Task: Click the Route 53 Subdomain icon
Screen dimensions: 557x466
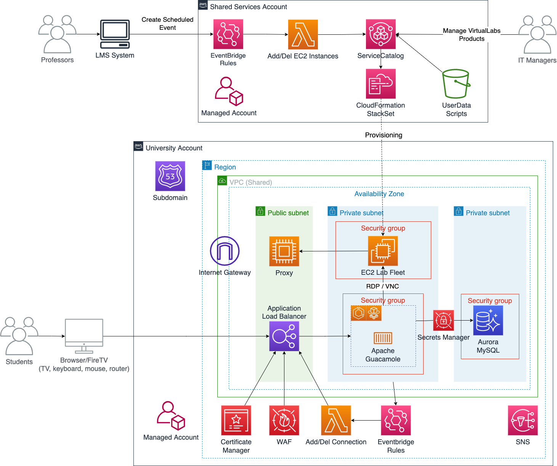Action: coord(170,176)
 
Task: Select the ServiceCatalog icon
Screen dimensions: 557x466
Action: coord(380,34)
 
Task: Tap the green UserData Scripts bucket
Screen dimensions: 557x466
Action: coord(456,84)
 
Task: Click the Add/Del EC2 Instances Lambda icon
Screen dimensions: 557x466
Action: coord(303,34)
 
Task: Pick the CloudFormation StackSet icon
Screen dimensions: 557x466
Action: coord(380,84)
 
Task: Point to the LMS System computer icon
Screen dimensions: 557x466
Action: coord(115,34)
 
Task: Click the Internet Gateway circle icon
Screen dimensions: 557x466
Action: coord(225,251)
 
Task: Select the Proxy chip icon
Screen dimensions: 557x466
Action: coord(284,251)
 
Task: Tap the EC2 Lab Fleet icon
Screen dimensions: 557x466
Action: coord(382,251)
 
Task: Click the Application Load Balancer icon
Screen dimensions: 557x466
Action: coord(284,336)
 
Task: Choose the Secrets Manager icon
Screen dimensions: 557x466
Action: coord(443,320)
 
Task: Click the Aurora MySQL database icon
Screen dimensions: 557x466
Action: coord(488,320)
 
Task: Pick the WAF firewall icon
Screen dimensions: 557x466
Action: coord(284,420)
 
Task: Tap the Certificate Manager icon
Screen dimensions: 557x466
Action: coord(236,420)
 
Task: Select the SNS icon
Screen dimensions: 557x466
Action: coord(523,420)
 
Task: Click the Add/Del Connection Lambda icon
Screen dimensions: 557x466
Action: coord(336,420)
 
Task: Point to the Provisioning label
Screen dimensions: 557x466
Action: coord(383,135)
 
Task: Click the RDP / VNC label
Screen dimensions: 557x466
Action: coord(382,286)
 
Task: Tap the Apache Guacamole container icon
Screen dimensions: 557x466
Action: coord(382,338)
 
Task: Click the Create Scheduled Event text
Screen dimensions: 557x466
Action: coord(167,24)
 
